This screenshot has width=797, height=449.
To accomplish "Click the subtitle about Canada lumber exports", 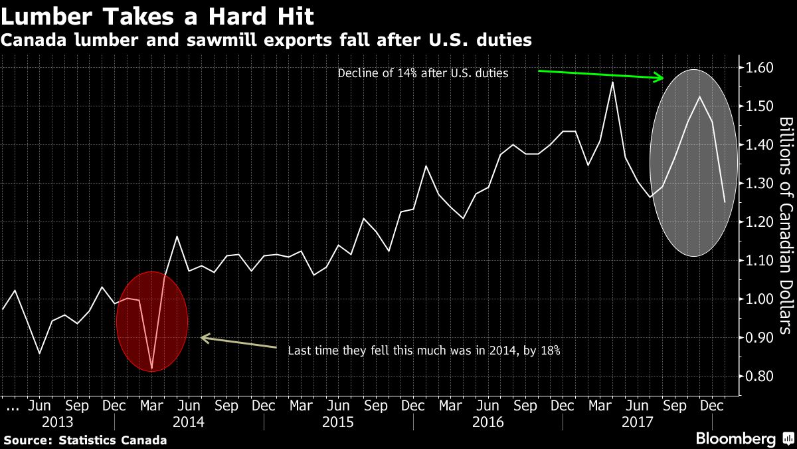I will tap(266, 40).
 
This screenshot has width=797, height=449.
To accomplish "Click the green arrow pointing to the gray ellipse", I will tap(600, 75).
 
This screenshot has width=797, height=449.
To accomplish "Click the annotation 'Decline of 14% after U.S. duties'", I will tap(423, 73).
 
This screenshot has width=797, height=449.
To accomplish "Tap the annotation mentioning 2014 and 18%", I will tap(424, 351).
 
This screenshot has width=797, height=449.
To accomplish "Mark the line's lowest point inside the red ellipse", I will tap(152, 369).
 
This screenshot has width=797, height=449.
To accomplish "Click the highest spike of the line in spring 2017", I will tap(612, 82).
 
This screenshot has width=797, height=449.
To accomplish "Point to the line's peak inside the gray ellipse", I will tap(699, 97).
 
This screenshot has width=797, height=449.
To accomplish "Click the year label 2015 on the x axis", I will tap(337, 422).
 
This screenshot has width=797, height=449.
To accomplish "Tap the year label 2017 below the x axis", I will tap(636, 422).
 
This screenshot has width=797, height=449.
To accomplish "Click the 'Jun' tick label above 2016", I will tap(488, 405).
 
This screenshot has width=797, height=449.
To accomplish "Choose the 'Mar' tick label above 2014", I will tap(152, 405).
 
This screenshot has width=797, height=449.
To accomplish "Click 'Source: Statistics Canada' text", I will tap(85, 440).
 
